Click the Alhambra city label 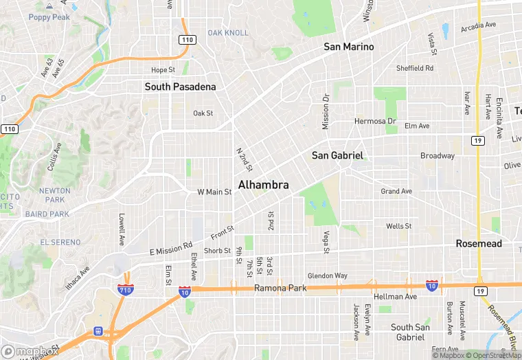[263, 185]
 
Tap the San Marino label [349, 47]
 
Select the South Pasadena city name [180, 87]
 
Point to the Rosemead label [479, 244]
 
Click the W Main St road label [214, 192]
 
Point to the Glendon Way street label [327, 276]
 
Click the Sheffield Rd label [415, 68]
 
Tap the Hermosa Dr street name [375, 121]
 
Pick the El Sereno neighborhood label [61, 243]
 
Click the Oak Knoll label [228, 33]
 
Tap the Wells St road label [398, 226]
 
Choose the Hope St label [163, 70]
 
